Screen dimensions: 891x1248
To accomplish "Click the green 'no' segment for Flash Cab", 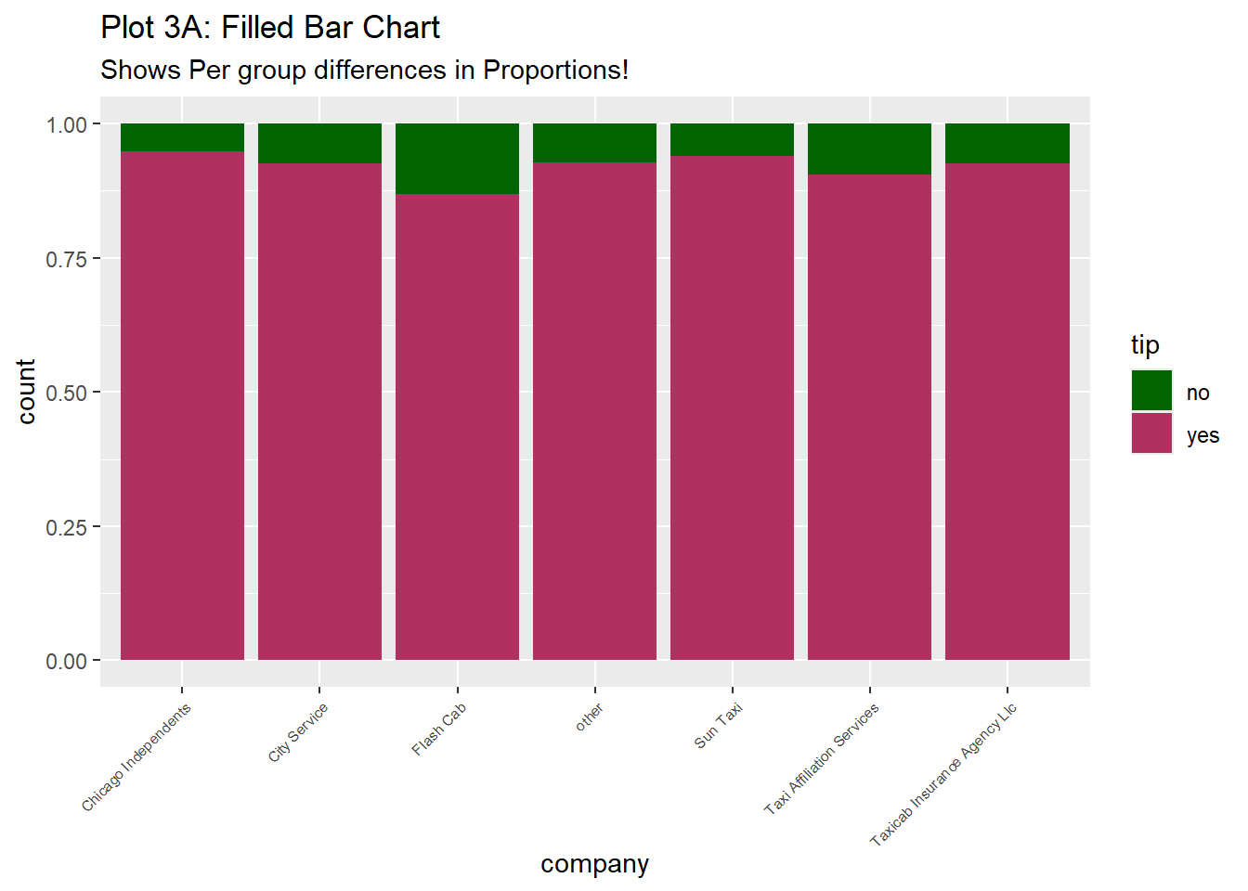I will [457, 159].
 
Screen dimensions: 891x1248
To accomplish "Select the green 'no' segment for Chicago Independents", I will [182, 137].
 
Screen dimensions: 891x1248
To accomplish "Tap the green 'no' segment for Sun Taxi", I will [732, 140].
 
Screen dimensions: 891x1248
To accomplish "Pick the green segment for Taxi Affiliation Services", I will [869, 148].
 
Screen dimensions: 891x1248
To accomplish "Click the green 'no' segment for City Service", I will [319, 144].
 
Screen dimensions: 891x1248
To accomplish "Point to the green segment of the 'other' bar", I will [594, 143].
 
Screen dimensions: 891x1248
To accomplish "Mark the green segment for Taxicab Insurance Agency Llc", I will [1007, 144].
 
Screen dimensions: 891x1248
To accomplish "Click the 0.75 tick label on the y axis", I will [67, 259].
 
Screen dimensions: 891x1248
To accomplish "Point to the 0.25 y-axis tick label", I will [67, 527].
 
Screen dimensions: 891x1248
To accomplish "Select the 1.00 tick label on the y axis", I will [67, 124].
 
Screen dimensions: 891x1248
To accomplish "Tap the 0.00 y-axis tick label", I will [67, 661].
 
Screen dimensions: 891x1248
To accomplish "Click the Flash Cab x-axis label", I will [439, 730].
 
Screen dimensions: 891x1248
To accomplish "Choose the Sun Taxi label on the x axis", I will [719, 726].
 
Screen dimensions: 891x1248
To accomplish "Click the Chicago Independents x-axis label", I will [136, 757].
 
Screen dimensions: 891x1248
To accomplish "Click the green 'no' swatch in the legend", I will [1151, 391].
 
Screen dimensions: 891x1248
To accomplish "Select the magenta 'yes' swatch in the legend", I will [1151, 433].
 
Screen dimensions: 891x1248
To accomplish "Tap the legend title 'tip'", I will [1145, 345].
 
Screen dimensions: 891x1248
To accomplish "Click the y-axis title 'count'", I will [26, 392].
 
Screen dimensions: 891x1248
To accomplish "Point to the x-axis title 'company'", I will [594, 864].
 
